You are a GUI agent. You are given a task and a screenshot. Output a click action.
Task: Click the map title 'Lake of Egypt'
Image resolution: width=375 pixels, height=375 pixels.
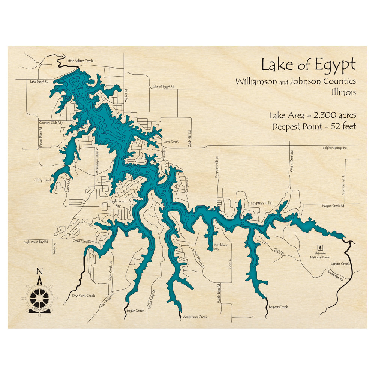pyautogui.click(x=308, y=65)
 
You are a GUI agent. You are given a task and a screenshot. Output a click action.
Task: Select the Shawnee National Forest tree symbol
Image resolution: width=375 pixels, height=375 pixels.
pyautogui.click(x=320, y=247)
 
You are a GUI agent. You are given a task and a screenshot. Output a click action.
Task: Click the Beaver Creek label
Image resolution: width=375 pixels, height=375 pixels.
pyautogui.click(x=278, y=307)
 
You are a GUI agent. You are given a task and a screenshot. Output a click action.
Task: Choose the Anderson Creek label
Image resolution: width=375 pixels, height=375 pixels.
pyautogui.click(x=195, y=317)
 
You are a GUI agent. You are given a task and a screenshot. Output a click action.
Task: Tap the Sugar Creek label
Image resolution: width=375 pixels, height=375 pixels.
pyautogui.click(x=135, y=310)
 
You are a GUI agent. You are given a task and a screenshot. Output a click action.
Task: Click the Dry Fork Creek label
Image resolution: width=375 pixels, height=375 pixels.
pyautogui.click(x=84, y=295)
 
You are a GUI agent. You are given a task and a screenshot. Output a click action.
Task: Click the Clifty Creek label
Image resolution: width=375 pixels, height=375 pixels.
pyautogui.click(x=43, y=180)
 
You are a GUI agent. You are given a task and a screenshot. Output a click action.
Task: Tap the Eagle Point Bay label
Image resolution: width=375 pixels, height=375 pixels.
pyautogui.click(x=118, y=204)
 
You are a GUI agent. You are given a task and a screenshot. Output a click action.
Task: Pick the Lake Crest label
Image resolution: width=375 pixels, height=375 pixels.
pyautogui.click(x=171, y=142)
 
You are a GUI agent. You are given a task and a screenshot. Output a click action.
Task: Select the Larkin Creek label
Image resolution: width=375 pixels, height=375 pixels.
pyautogui.click(x=340, y=264)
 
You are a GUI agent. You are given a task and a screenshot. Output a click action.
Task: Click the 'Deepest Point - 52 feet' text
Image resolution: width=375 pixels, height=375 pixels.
pyautogui.click(x=314, y=126)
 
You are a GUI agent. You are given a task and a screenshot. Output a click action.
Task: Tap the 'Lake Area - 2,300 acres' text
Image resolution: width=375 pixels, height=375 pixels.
pyautogui.click(x=312, y=115)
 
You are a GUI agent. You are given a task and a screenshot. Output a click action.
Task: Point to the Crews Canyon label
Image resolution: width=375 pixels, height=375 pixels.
pyautogui.click(x=82, y=242)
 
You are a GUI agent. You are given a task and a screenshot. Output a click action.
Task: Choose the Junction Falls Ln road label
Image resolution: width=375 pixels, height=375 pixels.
pyautogui.click(x=343, y=182)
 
